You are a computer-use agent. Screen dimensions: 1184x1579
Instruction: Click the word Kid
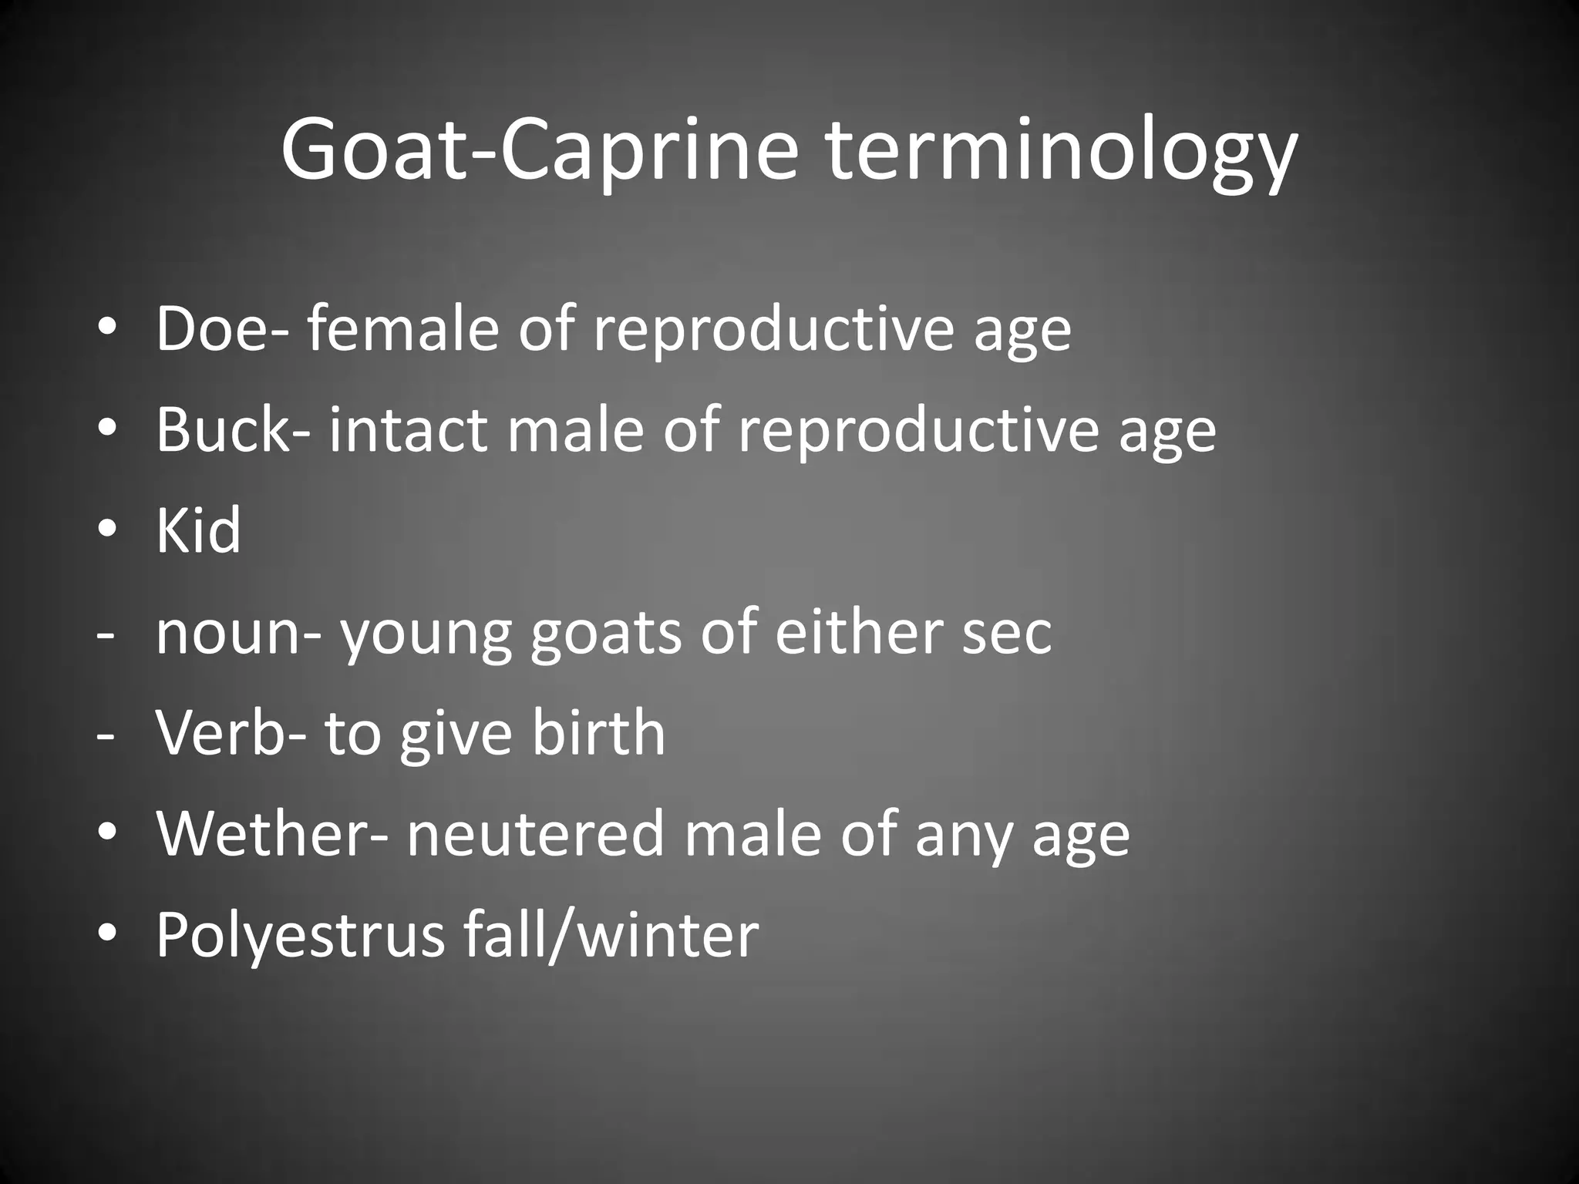[198, 531]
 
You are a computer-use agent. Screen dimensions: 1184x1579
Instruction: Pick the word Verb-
[231, 733]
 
